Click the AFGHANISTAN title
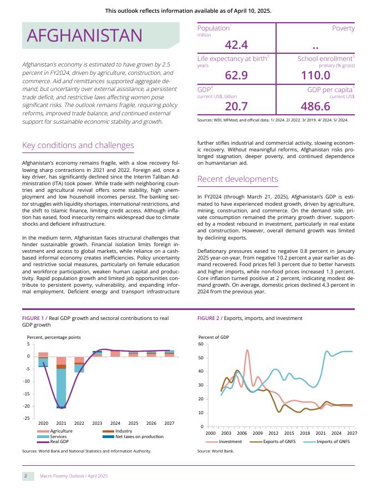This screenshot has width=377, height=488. coord(85,35)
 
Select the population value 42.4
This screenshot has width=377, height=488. coord(236,45)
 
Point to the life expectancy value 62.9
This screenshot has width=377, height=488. coord(236,75)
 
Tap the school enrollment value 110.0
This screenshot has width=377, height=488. coord(315,75)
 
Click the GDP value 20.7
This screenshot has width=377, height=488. coord(236,106)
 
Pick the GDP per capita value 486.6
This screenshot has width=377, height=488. coord(315,106)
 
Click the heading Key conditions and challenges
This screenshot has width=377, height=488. coord(78,146)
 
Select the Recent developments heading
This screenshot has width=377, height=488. coord(238,179)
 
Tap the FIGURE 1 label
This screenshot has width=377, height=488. coord(34,318)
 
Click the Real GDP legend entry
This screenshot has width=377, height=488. coord(59,442)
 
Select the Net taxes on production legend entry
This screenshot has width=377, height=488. coord(139,436)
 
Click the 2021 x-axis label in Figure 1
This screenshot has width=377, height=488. coord(61,423)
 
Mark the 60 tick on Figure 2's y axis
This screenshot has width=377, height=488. coord(202,344)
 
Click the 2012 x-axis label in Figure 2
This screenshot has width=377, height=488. coord(273,433)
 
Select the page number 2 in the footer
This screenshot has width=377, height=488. coord(26,476)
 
